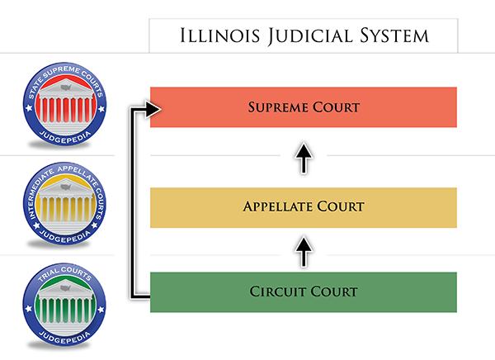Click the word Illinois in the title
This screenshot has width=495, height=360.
tap(220, 36)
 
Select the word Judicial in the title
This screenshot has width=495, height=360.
tap(310, 36)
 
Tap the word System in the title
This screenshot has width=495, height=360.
tap(394, 36)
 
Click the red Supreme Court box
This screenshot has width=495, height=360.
tap(304, 107)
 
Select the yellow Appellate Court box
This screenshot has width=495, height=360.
tap(304, 207)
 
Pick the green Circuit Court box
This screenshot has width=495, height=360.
tap(304, 292)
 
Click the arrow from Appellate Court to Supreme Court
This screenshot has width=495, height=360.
tap(304, 158)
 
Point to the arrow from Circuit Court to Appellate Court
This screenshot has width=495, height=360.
tap(304, 252)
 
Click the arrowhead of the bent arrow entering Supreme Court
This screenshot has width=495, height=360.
tap(153, 109)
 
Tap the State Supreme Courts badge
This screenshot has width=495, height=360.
tap(64, 104)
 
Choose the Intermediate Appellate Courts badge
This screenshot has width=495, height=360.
tap(64, 204)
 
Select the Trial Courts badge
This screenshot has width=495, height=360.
tap(64, 305)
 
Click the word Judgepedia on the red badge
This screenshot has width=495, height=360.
tap(65, 138)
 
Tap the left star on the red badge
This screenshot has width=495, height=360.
tap(29, 108)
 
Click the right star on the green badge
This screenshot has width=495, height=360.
tap(101, 310)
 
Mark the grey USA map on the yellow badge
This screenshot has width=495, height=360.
tap(66, 187)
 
